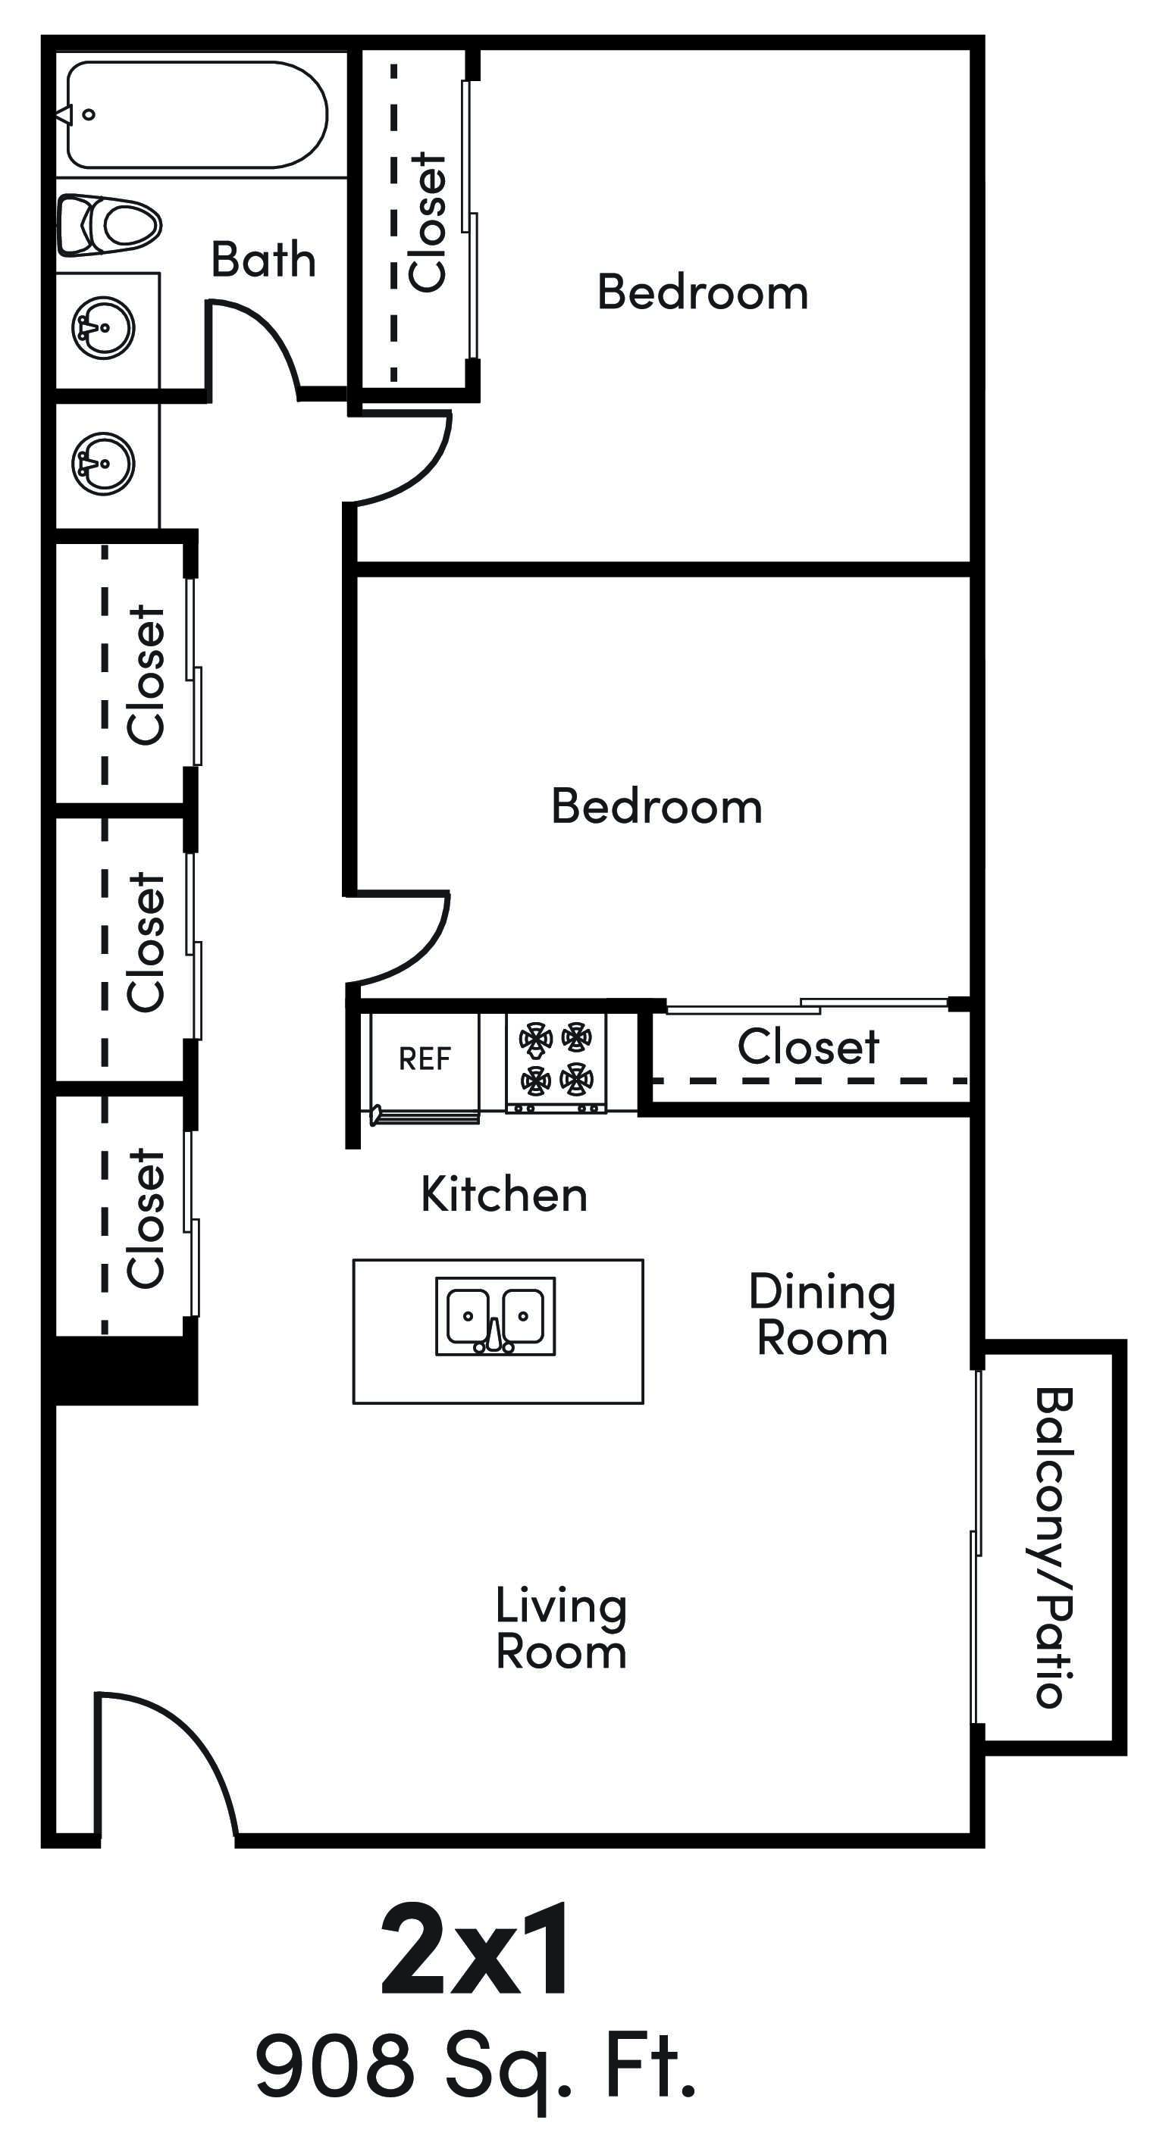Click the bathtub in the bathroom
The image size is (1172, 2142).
tap(196, 114)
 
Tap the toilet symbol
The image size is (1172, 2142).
tap(110, 224)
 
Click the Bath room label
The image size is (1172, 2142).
tap(263, 259)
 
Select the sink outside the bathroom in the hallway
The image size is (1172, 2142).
tap(103, 462)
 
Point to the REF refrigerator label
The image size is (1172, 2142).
tap(425, 1059)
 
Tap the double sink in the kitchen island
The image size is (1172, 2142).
tap(496, 1316)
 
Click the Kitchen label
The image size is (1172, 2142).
tap(504, 1195)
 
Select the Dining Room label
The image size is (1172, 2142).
tap(822, 1315)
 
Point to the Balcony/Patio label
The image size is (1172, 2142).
tap(1053, 1548)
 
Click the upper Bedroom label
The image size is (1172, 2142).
tap(702, 292)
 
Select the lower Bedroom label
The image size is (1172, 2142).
tap(657, 807)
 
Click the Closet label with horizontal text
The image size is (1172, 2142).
tap(807, 1046)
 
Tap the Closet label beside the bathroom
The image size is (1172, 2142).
tap(429, 223)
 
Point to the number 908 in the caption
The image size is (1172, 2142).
tap(334, 2065)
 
